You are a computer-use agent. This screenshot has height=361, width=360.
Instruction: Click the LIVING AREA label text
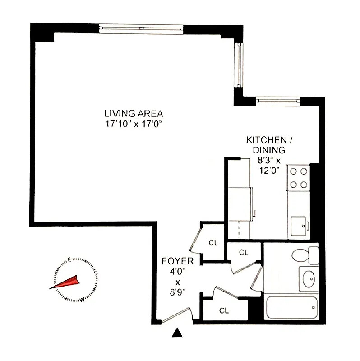(x=134, y=114)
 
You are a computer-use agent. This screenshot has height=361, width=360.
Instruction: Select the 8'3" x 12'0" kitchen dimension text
(x=268, y=165)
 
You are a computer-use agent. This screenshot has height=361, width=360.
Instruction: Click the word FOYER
(x=178, y=261)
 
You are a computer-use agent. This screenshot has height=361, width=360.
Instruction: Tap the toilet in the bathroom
(x=302, y=255)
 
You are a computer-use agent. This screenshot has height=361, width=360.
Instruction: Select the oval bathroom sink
(x=308, y=278)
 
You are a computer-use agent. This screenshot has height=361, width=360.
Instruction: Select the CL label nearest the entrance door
(x=224, y=310)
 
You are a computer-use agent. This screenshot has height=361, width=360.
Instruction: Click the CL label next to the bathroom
(x=244, y=252)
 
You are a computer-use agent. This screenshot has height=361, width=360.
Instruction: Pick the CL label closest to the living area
(x=213, y=243)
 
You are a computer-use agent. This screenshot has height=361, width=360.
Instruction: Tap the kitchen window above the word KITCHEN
(x=278, y=101)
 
